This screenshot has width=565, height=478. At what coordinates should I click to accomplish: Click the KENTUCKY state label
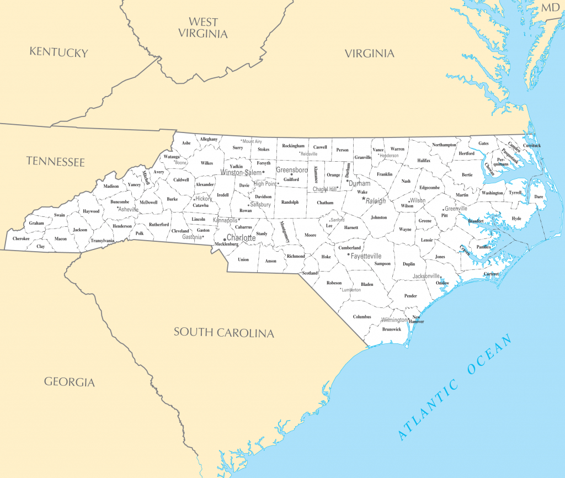coord(58,52)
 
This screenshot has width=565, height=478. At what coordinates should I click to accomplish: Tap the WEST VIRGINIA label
coord(202,28)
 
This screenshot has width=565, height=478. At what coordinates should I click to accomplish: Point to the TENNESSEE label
coord(55,162)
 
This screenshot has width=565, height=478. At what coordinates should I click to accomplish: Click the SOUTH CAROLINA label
coord(223,332)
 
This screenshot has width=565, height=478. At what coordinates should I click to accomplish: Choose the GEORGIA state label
coord(70,381)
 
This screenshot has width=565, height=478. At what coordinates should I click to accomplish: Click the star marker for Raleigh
coord(364,199)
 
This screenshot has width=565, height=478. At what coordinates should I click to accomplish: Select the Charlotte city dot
coord(224,239)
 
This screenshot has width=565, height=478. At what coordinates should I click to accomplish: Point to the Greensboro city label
coord(292,170)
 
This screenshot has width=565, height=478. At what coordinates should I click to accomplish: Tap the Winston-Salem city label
coord(241,172)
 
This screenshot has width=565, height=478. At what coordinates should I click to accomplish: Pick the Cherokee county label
coord(21,238)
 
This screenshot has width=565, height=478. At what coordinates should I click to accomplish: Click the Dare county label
coord(539,196)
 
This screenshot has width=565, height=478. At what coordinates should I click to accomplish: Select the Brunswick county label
coord(392,330)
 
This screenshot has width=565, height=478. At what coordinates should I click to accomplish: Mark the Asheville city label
coord(129,209)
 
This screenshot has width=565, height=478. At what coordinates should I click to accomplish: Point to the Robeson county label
coord(334,283)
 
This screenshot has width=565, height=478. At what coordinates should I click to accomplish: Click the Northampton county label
coord(444,145)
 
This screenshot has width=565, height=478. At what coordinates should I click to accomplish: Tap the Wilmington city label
coord(394,320)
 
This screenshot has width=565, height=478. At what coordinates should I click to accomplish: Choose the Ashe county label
coord(186,143)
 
